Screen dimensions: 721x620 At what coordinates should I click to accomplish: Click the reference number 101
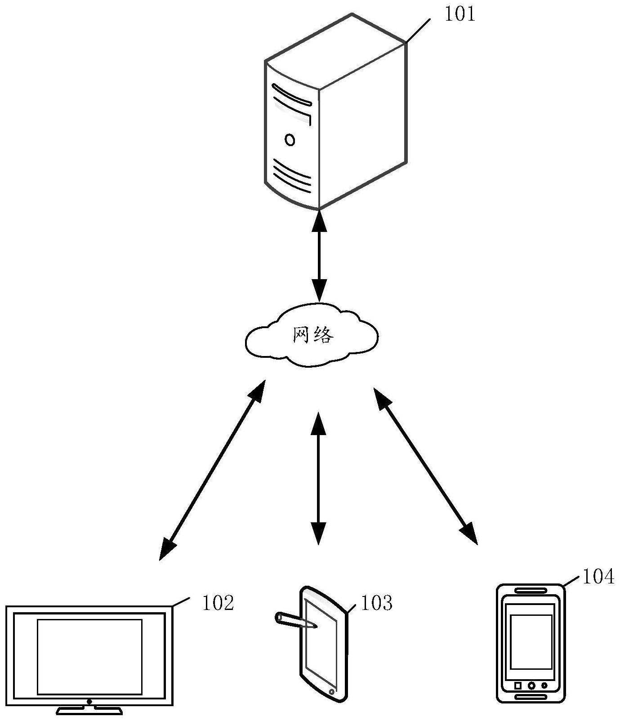click(459, 14)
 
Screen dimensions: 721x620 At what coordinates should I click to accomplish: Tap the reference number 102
click(218, 603)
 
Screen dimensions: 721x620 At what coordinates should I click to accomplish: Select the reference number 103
click(377, 603)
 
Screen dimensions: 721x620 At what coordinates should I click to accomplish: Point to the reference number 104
click(598, 577)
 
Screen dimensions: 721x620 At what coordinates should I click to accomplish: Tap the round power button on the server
click(290, 140)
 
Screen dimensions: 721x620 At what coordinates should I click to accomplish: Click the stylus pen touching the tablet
click(294, 620)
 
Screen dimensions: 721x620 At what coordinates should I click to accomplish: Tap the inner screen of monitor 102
click(89, 656)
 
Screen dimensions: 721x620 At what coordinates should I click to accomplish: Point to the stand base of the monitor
click(89, 711)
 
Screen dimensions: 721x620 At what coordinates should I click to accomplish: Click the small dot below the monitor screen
click(89, 701)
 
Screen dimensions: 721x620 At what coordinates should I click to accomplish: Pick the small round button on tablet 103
click(332, 691)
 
